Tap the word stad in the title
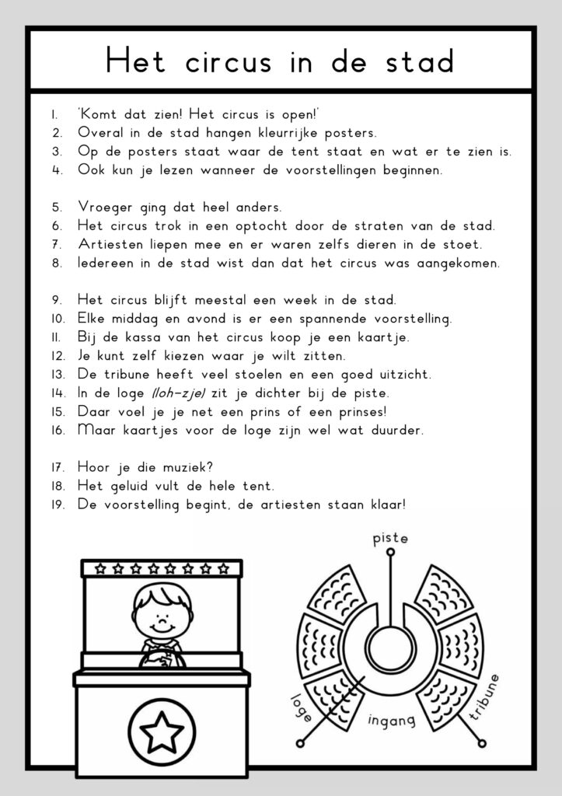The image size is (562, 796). click(418, 62)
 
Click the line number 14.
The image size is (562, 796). click(57, 393)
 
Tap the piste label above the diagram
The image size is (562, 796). click(390, 538)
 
